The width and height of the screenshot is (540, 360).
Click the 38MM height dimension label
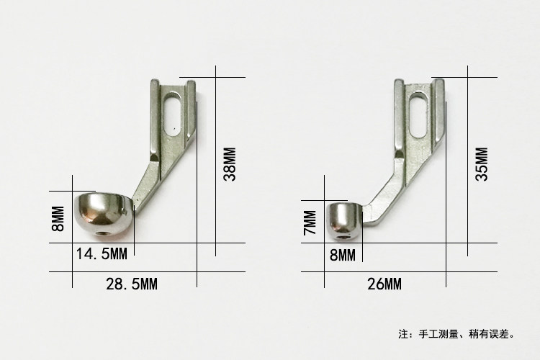coord(230,164)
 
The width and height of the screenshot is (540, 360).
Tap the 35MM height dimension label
coord(482,164)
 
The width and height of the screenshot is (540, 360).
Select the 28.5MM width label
coord(132,284)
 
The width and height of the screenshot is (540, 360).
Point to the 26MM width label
coord(384,284)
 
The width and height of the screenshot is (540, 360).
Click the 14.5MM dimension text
coord(102,254)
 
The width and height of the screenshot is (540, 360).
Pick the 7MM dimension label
coord(310,222)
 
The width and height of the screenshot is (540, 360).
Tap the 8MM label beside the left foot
coord(58,219)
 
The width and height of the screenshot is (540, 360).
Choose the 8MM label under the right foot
coord(342,256)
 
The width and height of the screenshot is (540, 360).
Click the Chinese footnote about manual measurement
coord(456,334)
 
